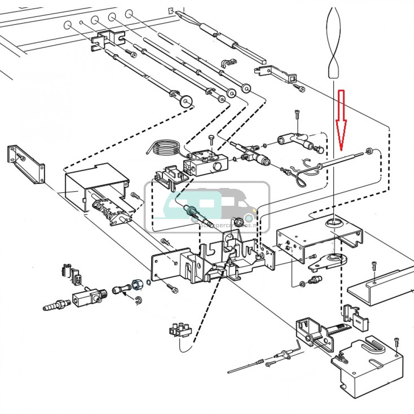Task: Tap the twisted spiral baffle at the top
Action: [334, 41]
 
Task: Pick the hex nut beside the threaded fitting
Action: [136, 285]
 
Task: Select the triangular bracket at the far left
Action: [26, 164]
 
